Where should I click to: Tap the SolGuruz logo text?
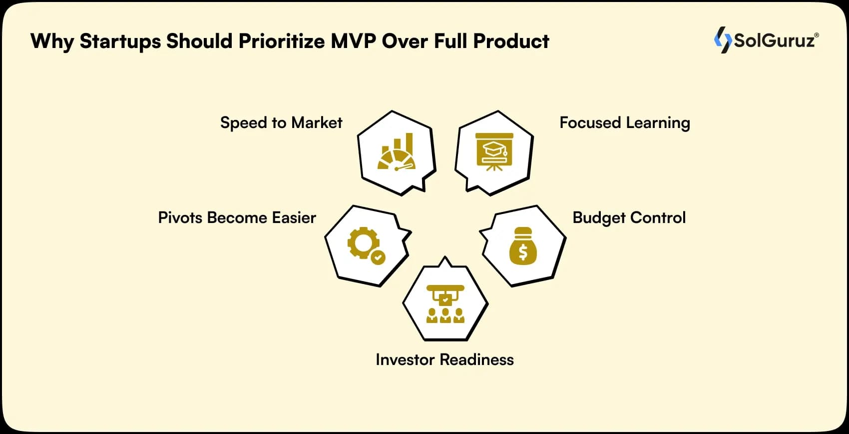click(x=774, y=40)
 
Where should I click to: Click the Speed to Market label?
click(x=281, y=122)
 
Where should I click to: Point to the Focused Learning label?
click(x=624, y=122)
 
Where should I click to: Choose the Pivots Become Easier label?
click(x=237, y=217)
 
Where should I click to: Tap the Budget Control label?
click(x=629, y=217)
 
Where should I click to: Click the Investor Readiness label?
click(x=444, y=359)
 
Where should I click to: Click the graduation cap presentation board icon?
click(x=494, y=151)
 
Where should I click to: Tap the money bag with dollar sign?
click(x=523, y=246)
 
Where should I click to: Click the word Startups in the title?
click(x=120, y=41)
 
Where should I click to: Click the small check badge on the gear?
click(x=378, y=257)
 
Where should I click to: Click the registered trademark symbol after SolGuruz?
click(x=817, y=35)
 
